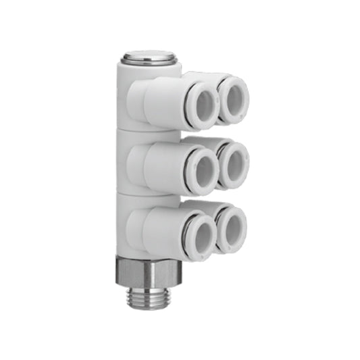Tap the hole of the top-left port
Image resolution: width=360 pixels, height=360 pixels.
[203, 105]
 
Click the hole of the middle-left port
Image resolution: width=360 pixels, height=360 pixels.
[203, 170]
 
